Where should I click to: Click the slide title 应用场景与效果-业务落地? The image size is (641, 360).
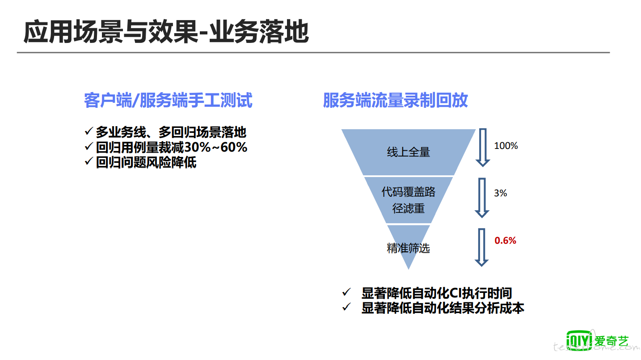(x=166, y=32)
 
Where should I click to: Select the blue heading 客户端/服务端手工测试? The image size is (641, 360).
(x=168, y=100)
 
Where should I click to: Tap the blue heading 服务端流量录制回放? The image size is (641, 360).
(x=395, y=100)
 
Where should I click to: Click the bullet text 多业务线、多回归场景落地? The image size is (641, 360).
(x=171, y=132)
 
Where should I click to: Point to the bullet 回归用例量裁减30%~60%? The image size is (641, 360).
(x=171, y=147)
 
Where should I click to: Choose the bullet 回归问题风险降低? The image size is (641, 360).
(x=146, y=162)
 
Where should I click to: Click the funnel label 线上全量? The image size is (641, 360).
(x=409, y=152)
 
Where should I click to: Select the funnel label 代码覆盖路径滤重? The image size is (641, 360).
(x=409, y=200)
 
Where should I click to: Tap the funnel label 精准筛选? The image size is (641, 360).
(x=409, y=248)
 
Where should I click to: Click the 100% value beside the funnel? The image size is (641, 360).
(x=506, y=146)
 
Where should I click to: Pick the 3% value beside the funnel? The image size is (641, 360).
(x=501, y=193)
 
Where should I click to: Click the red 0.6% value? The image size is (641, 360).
(x=506, y=240)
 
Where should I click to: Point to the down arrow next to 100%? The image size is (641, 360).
(x=483, y=148)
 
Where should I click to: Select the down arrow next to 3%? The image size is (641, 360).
(x=482, y=198)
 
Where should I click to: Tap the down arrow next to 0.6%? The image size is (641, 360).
(x=481, y=247)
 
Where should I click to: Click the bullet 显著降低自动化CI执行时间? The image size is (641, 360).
(x=437, y=293)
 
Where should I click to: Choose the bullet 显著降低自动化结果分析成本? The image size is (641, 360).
(x=443, y=308)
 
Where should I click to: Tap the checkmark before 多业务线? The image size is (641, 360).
(x=89, y=131)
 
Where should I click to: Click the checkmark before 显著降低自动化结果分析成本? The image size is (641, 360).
(x=346, y=307)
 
